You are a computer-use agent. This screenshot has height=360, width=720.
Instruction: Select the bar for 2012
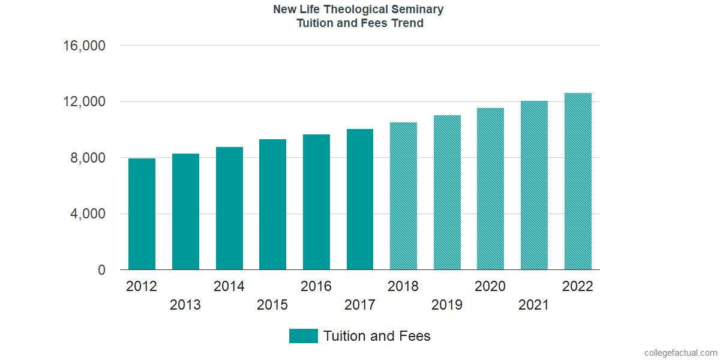coord(142,214)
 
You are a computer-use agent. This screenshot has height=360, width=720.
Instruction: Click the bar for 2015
coord(272,205)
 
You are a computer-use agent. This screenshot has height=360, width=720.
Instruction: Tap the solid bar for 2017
coord(360,199)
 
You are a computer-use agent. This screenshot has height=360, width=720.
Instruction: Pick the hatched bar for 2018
coord(403,196)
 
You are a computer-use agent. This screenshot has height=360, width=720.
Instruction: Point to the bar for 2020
coord(490,189)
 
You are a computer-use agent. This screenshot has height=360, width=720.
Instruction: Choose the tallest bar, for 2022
coord(578,181)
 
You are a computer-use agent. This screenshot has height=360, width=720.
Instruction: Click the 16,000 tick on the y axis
coord(85,46)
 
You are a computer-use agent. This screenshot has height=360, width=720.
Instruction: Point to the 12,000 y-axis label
coord(85,102)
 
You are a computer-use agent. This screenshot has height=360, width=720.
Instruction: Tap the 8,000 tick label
coord(88,158)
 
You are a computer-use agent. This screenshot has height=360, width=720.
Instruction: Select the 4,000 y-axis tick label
coord(88,214)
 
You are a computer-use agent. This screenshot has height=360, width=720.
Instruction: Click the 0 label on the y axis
coord(102,271)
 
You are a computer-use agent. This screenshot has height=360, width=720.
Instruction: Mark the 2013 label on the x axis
coord(185,305)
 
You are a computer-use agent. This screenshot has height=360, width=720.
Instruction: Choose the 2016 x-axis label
coord(316,286)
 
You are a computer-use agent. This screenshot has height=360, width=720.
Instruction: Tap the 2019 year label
coord(447,305)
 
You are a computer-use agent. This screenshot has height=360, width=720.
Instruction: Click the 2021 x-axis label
coord(534,305)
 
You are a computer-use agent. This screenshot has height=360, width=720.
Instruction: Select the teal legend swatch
coord(303,336)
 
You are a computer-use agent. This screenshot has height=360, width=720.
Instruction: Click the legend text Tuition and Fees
coord(377,336)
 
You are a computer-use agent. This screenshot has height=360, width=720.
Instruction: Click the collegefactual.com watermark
coord(680,353)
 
